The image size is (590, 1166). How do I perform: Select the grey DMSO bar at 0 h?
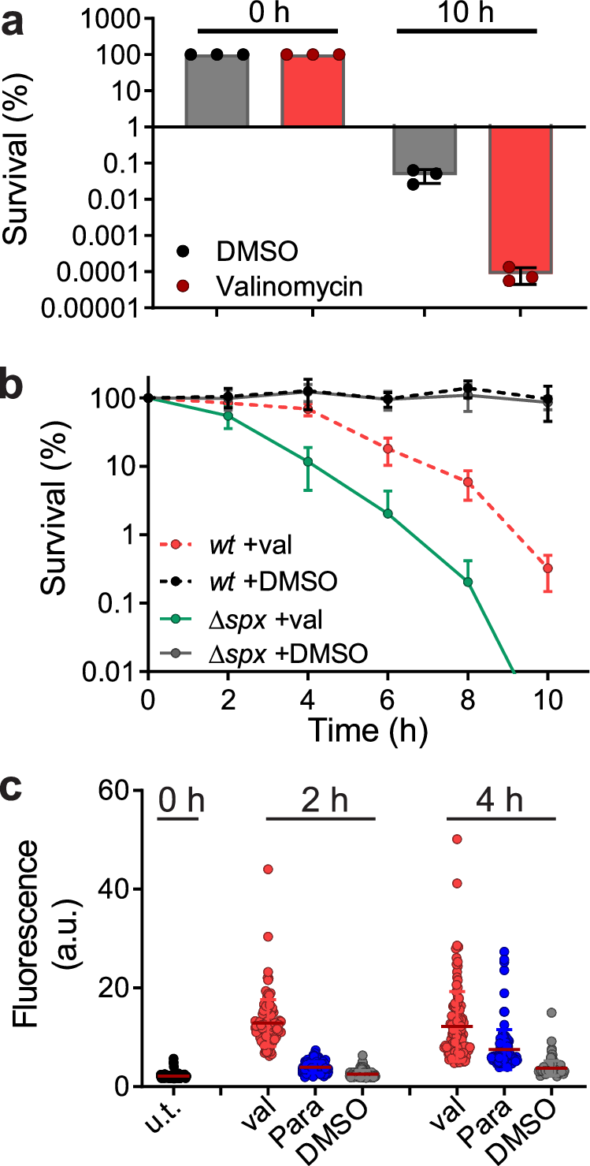pyautogui.click(x=217, y=91)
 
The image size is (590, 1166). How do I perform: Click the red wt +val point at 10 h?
pyautogui.click(x=548, y=568)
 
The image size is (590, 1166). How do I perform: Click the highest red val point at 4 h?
pyautogui.click(x=456, y=839)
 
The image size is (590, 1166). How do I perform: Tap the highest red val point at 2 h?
pyautogui.click(x=268, y=869)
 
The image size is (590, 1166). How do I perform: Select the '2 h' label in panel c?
pyautogui.click(x=321, y=800)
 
